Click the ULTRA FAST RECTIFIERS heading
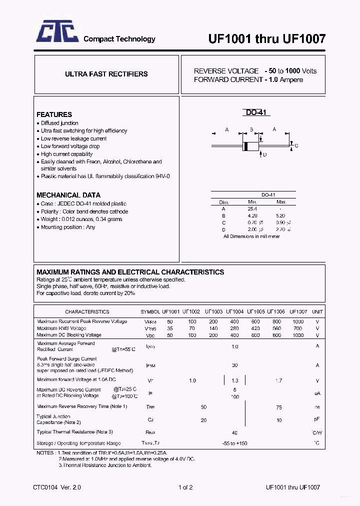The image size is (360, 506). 106,74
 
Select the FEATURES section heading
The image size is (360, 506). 54,114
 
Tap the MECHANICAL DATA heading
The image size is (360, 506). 68,195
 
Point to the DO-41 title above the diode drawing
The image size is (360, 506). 257,113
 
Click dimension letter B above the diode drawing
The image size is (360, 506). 251,130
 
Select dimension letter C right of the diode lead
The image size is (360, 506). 296,146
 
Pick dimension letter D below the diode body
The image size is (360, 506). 264,154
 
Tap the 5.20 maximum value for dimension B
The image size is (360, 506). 280,215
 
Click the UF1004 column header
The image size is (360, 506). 234,311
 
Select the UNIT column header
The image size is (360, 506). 317,311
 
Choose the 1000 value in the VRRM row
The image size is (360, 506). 298,321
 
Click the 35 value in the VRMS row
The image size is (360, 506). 170,328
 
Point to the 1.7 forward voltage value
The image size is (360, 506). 278,380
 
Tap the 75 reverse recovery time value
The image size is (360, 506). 278,407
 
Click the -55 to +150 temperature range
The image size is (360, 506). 234,443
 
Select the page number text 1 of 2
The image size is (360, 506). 185,487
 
